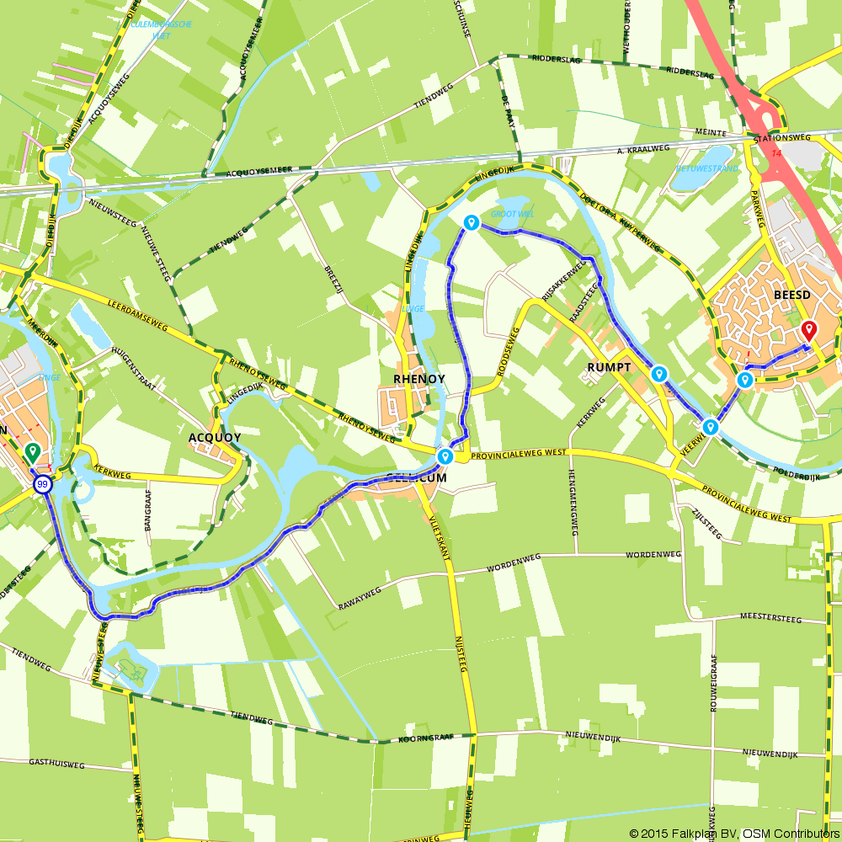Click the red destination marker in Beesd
click(808, 330)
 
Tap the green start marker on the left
click(32, 453)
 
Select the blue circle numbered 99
click(42, 484)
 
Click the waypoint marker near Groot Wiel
click(472, 222)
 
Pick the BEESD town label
click(791, 296)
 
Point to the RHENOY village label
click(418, 379)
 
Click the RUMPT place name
click(609, 367)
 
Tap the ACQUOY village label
click(215, 438)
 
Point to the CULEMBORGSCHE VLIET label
click(162, 29)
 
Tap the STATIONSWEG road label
click(782, 136)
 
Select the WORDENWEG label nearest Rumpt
click(653, 555)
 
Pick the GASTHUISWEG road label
click(57, 765)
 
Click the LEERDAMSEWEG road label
click(138, 312)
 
